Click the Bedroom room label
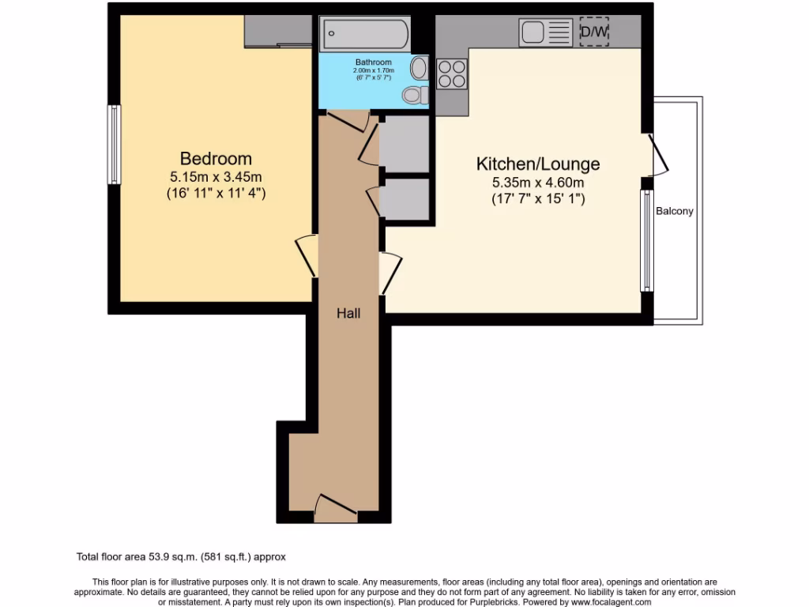tap(216, 158)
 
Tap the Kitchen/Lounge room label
tap(537, 164)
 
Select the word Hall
tap(348, 313)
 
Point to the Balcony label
tap(674, 211)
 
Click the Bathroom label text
tap(373, 62)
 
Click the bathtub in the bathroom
tap(365, 34)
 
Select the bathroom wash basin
tap(419, 68)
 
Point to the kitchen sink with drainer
tap(546, 32)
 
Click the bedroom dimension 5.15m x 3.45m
tap(216, 176)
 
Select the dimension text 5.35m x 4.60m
tap(537, 183)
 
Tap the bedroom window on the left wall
tap(115, 145)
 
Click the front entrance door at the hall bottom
tap(335, 507)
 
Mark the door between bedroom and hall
tap(307, 256)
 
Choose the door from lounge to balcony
tap(658, 156)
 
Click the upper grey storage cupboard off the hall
tap(404, 144)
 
